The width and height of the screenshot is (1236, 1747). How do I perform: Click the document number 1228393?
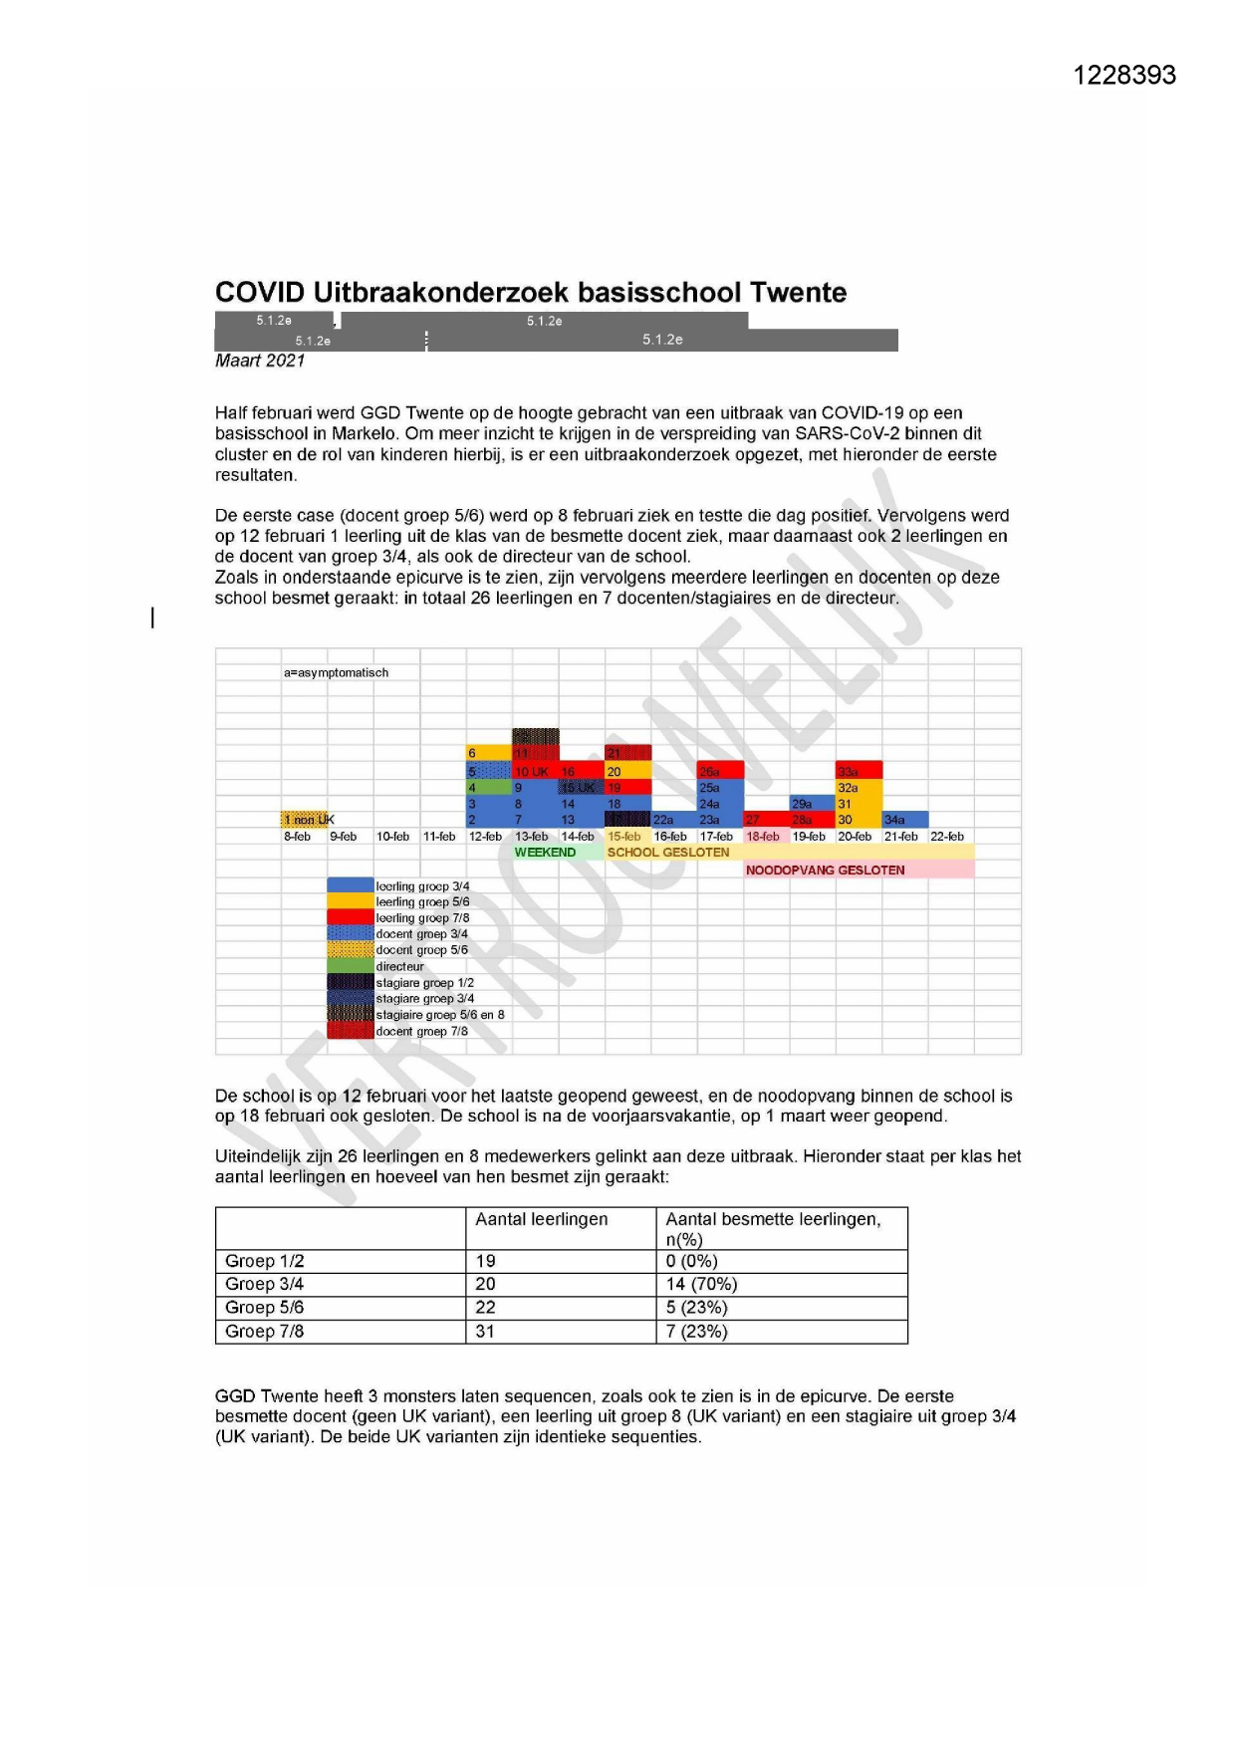pos(1123,76)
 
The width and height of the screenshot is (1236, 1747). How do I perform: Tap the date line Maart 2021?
pos(260,361)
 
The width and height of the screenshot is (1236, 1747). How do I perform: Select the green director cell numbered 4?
pos(488,787)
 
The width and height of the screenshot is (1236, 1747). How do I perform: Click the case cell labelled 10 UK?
pos(534,771)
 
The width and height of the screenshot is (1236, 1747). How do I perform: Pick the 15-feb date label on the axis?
pos(624,837)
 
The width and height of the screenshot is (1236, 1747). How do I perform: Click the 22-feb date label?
pos(946,837)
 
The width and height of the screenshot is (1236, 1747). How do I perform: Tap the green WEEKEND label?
pos(545,853)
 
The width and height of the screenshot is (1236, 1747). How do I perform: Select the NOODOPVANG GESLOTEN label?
pos(825,870)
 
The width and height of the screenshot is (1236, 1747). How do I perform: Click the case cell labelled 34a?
pos(903,820)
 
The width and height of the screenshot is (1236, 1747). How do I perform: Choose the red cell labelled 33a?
pos(858,771)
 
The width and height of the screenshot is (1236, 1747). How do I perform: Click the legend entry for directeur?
pos(399,966)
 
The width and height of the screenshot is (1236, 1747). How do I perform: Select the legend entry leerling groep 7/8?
pos(422,918)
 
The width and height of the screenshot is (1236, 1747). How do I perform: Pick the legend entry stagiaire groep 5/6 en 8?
pos(439,1015)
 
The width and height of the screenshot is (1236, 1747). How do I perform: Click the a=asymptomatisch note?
pos(336,673)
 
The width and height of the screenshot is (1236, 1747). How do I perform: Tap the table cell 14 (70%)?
pos(701,1284)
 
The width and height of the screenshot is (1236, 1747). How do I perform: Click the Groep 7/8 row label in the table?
pos(264,1332)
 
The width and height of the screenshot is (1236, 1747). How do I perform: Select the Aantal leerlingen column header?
pos(541,1219)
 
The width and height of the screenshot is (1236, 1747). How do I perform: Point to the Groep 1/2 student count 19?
pos(485,1261)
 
